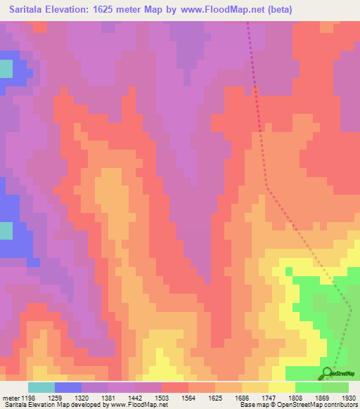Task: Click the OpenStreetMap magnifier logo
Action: click(x=328, y=374)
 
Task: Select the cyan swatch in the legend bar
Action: click(x=41, y=387)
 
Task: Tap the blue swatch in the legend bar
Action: click(x=68, y=387)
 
